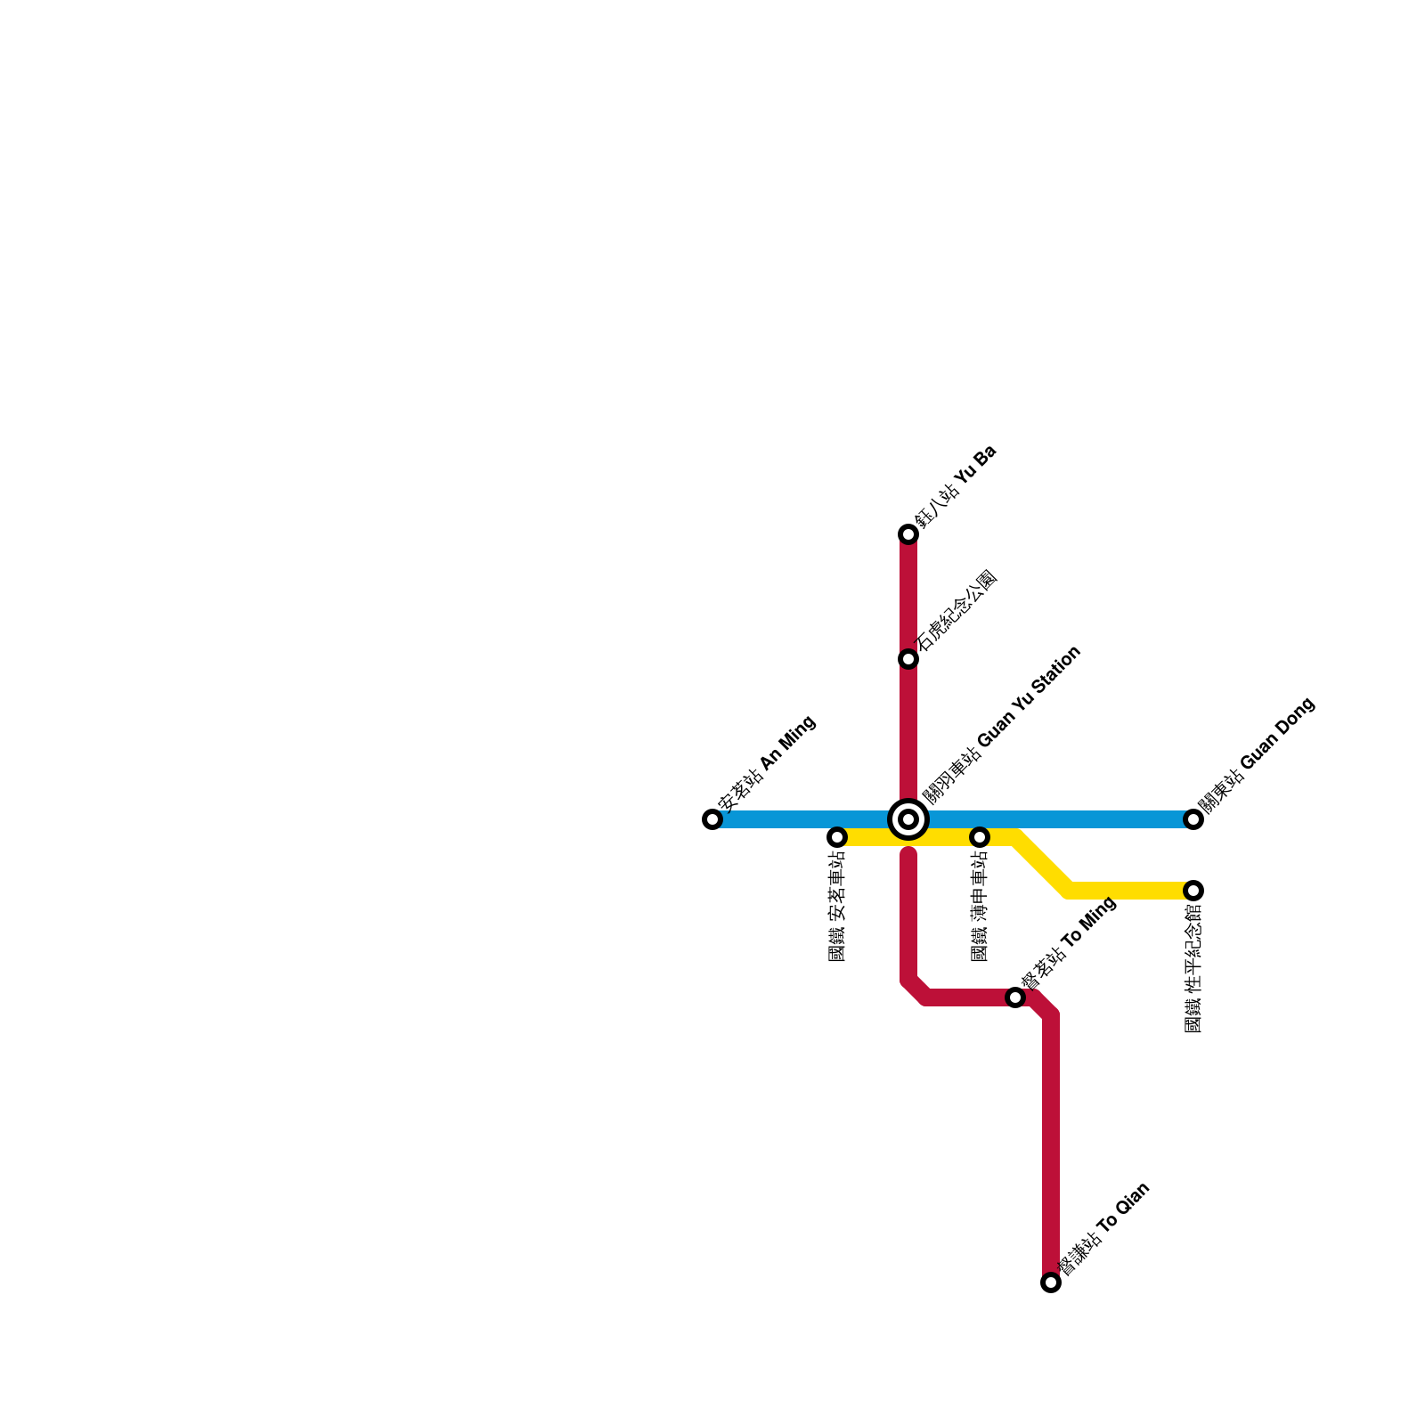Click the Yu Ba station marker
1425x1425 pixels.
point(908,534)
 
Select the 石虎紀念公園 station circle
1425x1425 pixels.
point(908,659)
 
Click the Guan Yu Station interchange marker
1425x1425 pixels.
point(908,819)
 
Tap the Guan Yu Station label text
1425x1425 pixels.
point(1001,725)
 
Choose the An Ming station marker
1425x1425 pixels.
point(712,819)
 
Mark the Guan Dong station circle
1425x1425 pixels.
point(1193,819)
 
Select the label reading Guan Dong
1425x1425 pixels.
point(1256,755)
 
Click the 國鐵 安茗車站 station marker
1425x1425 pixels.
point(837,837)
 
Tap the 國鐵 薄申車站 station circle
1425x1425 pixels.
point(980,837)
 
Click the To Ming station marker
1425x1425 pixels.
point(1015,997)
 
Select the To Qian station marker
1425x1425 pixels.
point(1051,1282)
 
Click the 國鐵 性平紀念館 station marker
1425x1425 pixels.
point(1193,891)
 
